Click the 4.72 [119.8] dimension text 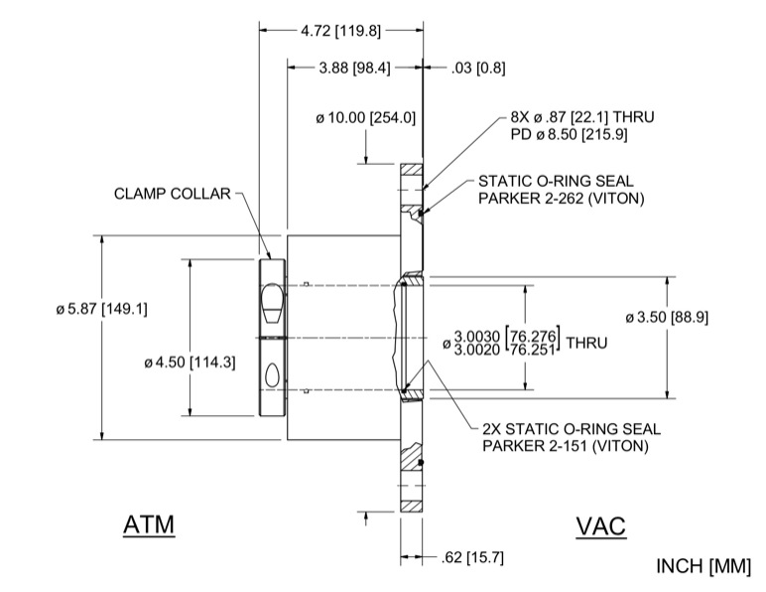tap(340, 31)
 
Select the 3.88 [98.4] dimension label tap(353, 69)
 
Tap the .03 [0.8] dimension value tap(477, 69)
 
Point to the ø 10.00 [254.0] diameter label tap(365, 118)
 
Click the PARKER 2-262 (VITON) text tap(562, 199)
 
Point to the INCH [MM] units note tap(703, 566)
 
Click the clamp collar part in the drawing tap(271, 338)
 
